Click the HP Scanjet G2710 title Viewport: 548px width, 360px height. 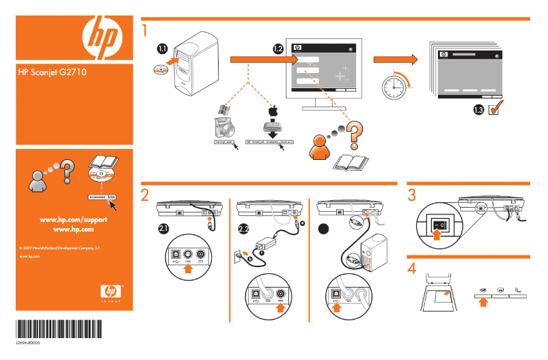tap(46, 70)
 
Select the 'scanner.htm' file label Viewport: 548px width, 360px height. tap(102, 196)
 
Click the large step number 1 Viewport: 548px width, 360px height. tap(144, 31)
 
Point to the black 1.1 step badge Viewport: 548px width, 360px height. tap(162, 49)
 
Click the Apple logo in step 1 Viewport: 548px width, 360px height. tap(273, 111)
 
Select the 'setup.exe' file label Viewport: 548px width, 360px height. tap(224, 143)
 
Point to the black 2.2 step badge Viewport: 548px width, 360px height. tap(244, 228)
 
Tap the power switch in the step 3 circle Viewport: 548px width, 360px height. tap(439, 223)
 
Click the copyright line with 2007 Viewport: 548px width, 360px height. tap(61, 244)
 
